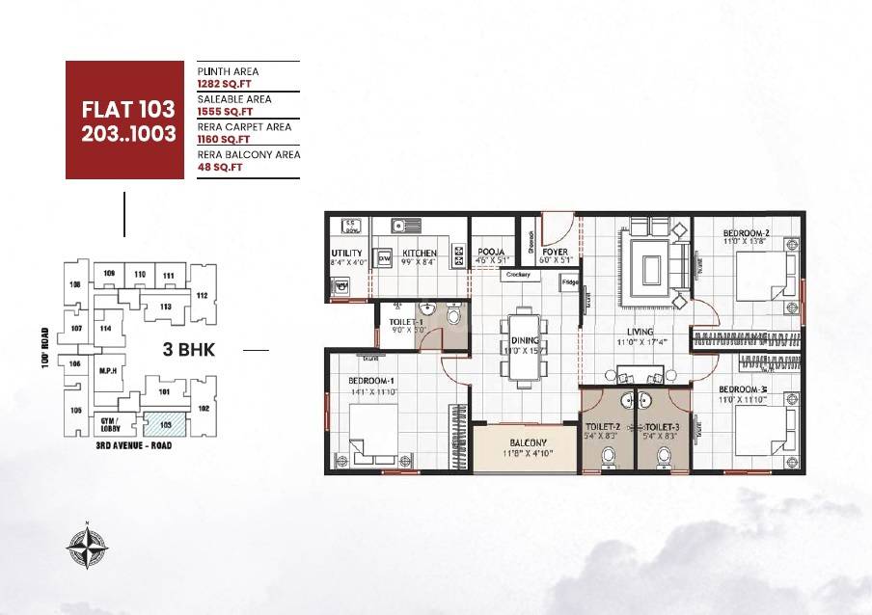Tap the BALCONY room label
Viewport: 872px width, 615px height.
(528, 443)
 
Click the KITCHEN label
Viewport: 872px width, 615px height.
(421, 253)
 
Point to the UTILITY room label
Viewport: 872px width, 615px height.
(345, 253)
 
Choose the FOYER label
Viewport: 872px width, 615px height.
(555, 252)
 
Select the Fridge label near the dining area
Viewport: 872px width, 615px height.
(571, 282)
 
